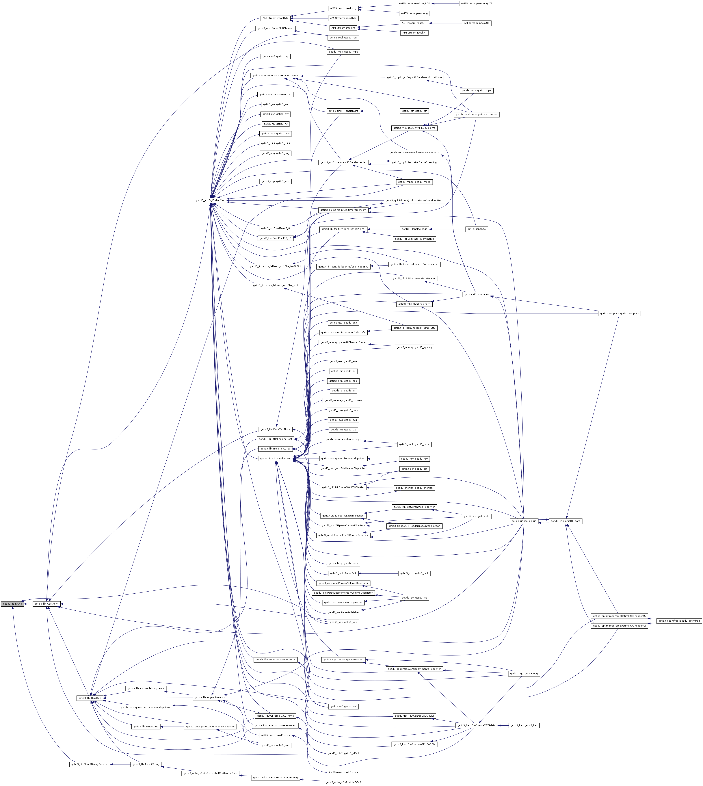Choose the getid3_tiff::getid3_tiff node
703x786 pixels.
coord(414,111)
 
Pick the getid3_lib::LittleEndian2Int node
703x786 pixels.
coord(275,458)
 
